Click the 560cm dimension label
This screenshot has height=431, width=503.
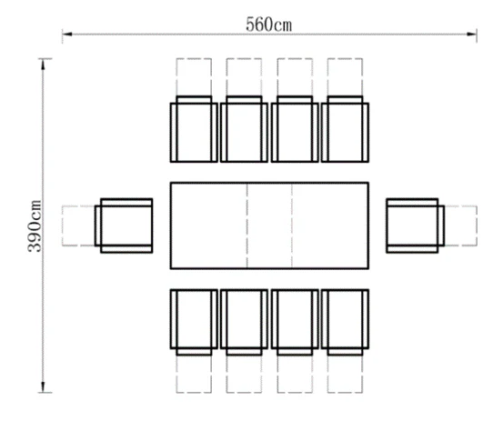(x=269, y=25)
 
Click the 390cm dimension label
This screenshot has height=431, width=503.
(x=35, y=226)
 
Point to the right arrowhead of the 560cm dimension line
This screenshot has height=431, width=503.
(x=476, y=34)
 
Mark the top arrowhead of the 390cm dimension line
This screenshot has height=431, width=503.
(x=43, y=60)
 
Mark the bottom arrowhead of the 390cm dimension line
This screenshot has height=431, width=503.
(x=43, y=391)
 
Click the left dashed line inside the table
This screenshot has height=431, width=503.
(x=247, y=226)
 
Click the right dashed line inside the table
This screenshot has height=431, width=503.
(x=292, y=226)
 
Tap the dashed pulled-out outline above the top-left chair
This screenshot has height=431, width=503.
(x=194, y=59)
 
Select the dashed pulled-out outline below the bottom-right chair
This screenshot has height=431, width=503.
(x=345, y=392)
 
